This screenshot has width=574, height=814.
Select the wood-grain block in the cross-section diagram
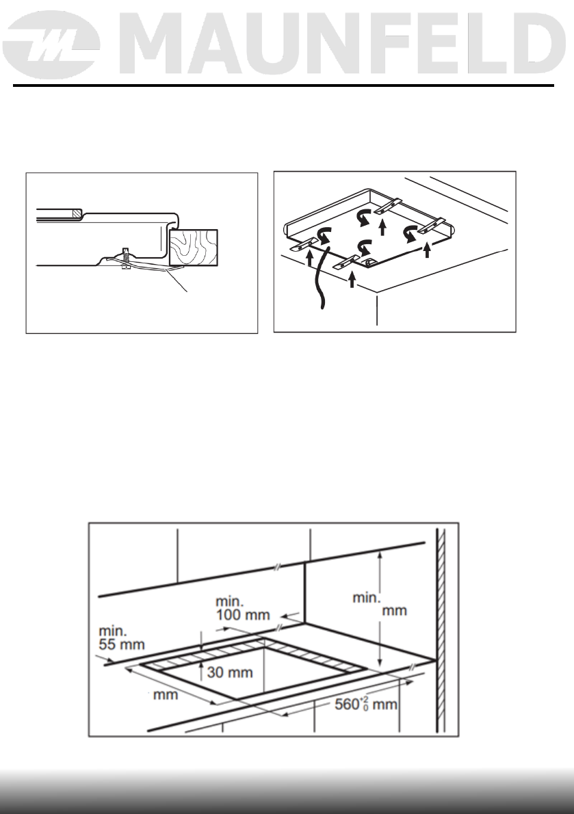[x=194, y=247]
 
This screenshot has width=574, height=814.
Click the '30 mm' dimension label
[x=230, y=672]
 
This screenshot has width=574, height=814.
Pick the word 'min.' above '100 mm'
[x=231, y=600]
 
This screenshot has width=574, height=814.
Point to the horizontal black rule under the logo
[x=283, y=86]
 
